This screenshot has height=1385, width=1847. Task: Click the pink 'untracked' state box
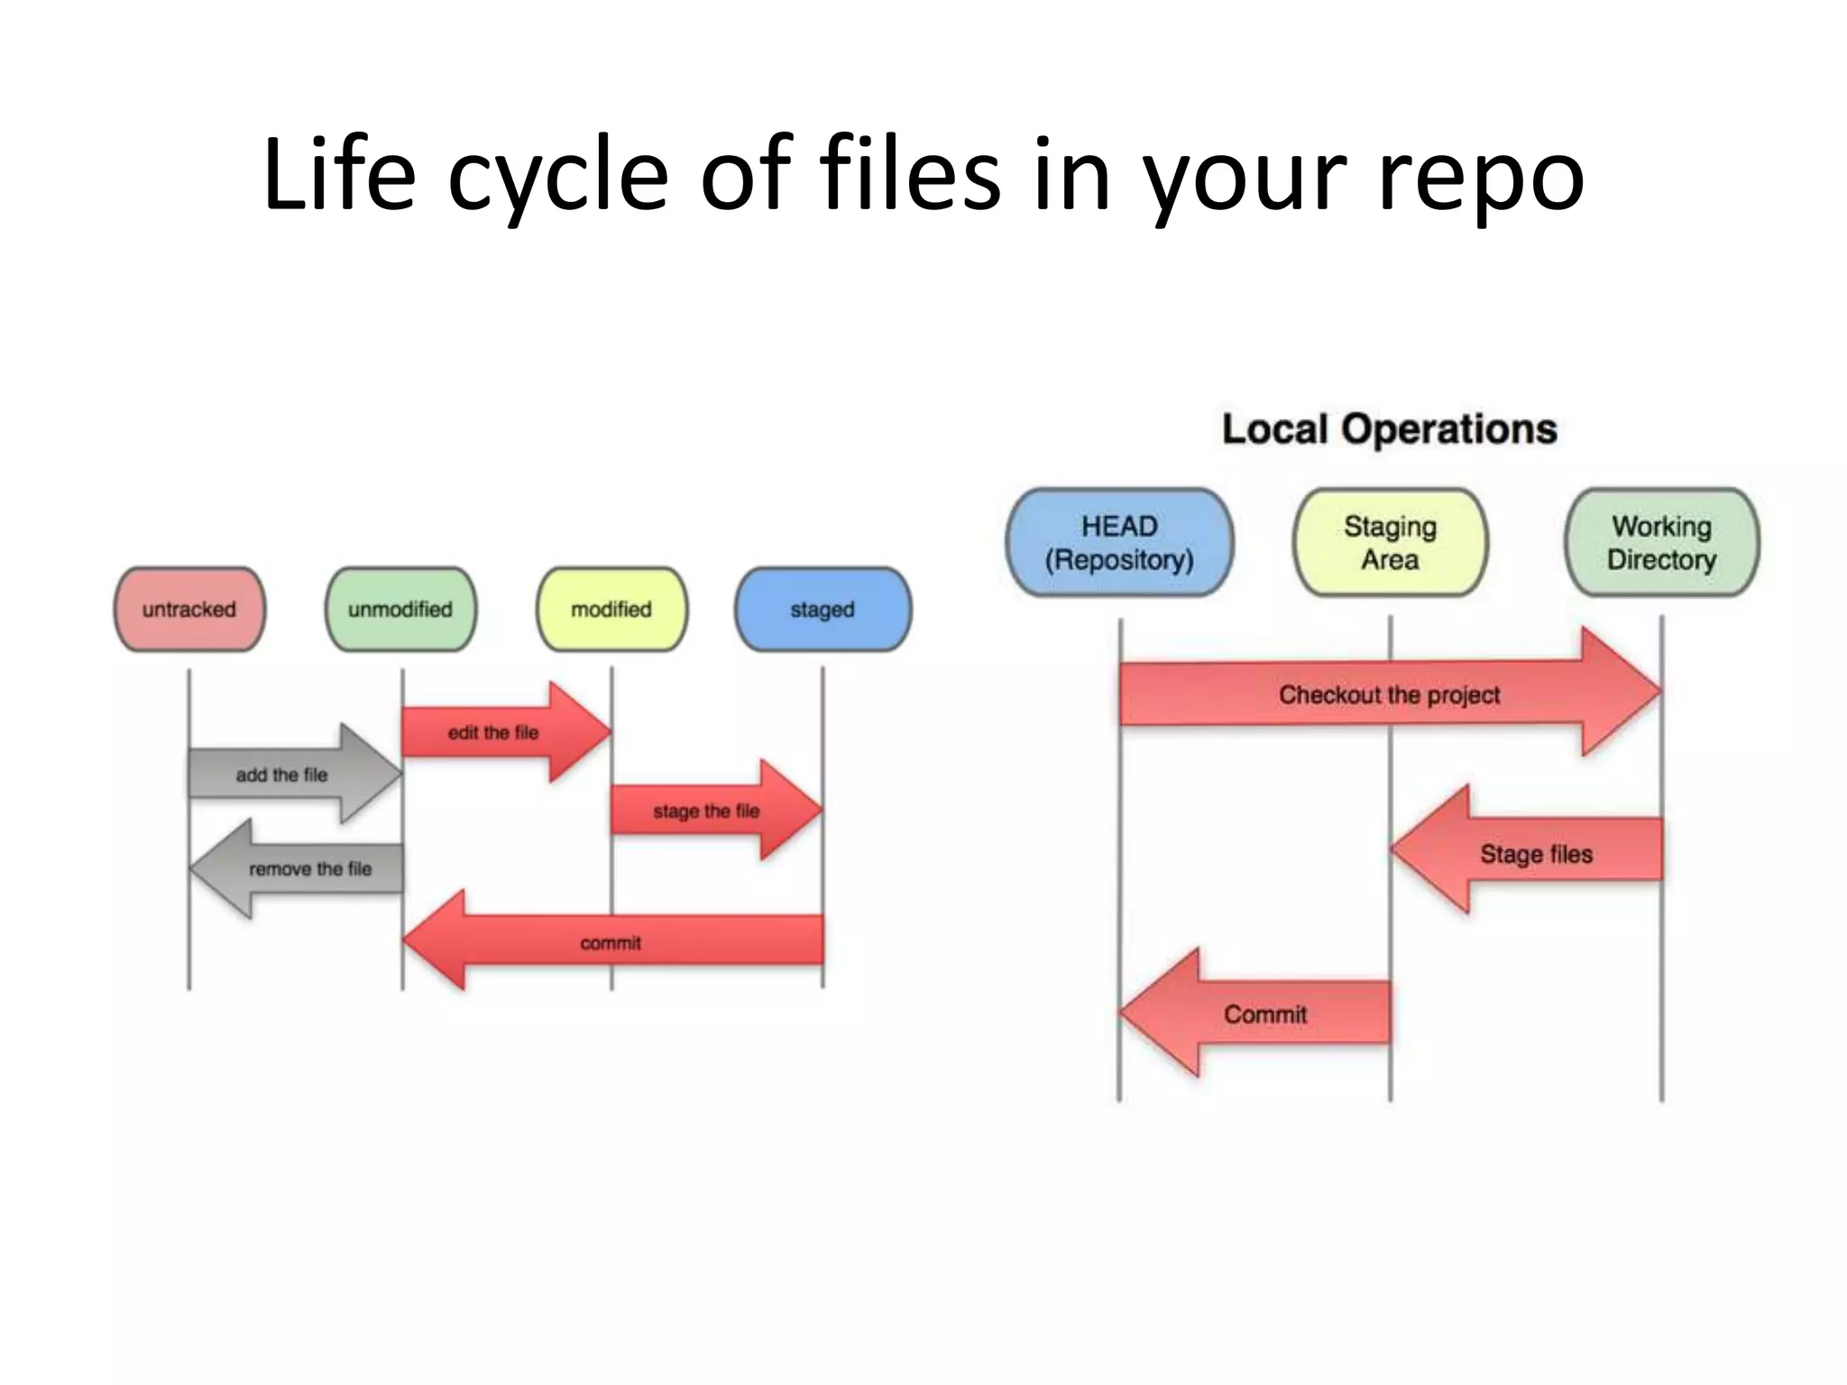(189, 610)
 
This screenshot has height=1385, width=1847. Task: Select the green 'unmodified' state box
(400, 610)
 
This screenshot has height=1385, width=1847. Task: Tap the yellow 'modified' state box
(611, 610)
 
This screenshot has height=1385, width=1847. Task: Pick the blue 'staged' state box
(822, 610)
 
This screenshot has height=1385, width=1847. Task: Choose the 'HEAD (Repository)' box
(1119, 543)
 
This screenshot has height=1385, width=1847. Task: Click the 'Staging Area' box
(1390, 543)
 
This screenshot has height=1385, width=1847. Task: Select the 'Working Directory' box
(1661, 543)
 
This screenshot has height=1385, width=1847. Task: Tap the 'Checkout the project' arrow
(1389, 694)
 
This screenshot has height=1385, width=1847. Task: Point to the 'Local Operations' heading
(1389, 429)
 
